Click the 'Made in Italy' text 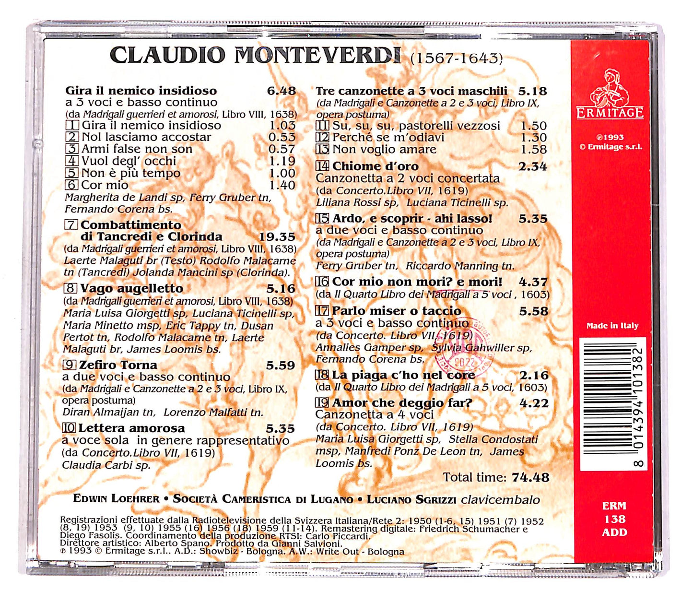point(612,326)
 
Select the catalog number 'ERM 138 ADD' point(614,519)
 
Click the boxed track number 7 point(71,225)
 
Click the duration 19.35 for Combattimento point(277,237)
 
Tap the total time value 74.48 point(530,477)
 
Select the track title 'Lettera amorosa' point(131,428)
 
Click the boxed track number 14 point(322,166)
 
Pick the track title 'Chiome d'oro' point(375,166)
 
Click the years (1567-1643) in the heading point(456,59)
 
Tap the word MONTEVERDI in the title point(317,56)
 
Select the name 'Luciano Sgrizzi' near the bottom point(411,500)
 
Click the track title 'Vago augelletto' point(131,289)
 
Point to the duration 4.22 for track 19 point(534,403)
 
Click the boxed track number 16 point(322,282)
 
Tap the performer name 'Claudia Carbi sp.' point(106,465)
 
